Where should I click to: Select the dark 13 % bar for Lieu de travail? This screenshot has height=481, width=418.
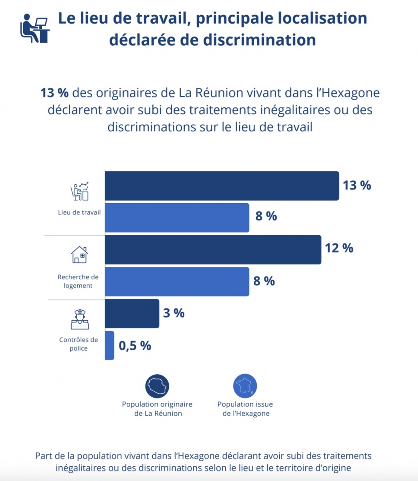pyautogui.click(x=222, y=186)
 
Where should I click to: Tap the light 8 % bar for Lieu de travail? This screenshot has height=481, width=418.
pyautogui.click(x=177, y=218)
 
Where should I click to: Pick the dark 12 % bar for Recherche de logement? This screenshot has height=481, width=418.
pyautogui.click(x=213, y=250)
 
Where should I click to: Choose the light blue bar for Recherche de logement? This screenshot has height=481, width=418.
pyautogui.click(x=177, y=282)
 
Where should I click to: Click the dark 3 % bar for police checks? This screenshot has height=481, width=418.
pyautogui.click(x=132, y=313)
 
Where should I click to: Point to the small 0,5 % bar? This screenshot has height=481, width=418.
pyautogui.click(x=109, y=346)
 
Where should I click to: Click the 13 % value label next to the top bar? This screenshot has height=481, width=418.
pyautogui.click(x=357, y=186)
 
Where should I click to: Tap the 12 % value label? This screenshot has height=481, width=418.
pyautogui.click(x=339, y=248)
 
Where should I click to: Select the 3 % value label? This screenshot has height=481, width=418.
pyautogui.click(x=174, y=313)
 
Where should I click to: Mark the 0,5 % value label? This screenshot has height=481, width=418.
pyautogui.click(x=135, y=346)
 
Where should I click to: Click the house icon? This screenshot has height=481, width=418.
pyautogui.click(x=79, y=255)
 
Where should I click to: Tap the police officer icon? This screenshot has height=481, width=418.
pyautogui.click(x=80, y=319)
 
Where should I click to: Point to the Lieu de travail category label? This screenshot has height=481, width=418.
pyautogui.click(x=79, y=212)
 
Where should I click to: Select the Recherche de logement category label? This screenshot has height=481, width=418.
pyautogui.click(x=78, y=281)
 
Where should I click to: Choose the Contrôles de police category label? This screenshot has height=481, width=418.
pyautogui.click(x=79, y=344)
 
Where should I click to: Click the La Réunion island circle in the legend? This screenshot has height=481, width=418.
pyautogui.click(x=157, y=386)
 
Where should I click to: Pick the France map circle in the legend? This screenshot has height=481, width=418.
pyautogui.click(x=245, y=386)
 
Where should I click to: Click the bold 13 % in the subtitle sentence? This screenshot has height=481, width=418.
pyautogui.click(x=55, y=93)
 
